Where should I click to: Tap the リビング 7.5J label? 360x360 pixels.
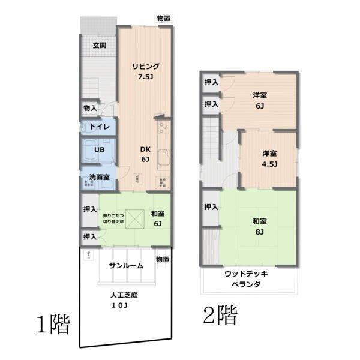tap(146, 71)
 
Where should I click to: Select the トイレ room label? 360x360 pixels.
tap(98, 127)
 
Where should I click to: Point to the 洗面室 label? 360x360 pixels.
tap(99, 177)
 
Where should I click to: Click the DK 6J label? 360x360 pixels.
tap(145, 154)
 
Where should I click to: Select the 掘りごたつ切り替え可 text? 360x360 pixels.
tap(113, 218)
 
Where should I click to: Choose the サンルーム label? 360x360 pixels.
tap(125, 265)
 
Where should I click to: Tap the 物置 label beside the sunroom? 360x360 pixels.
tap(162, 259)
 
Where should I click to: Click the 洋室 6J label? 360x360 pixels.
tap(260, 100)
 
